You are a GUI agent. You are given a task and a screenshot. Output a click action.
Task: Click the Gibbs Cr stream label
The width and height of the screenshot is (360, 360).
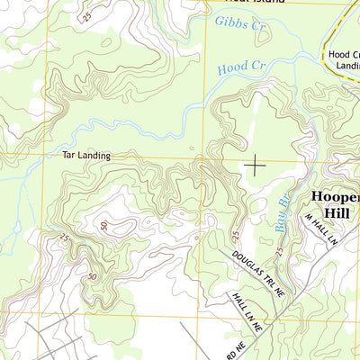(242, 24)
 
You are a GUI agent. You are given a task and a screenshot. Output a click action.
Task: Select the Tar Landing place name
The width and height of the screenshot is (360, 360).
(86, 156)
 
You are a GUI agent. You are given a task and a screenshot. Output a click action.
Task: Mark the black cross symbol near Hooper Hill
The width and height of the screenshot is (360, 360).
(256, 165)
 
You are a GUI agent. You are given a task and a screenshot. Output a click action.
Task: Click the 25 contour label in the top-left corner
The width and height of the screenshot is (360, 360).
(86, 17)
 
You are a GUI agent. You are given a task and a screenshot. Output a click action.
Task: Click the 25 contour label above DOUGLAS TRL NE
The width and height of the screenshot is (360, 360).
(235, 236)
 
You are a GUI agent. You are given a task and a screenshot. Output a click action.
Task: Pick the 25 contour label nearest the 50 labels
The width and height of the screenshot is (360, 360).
(64, 238)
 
